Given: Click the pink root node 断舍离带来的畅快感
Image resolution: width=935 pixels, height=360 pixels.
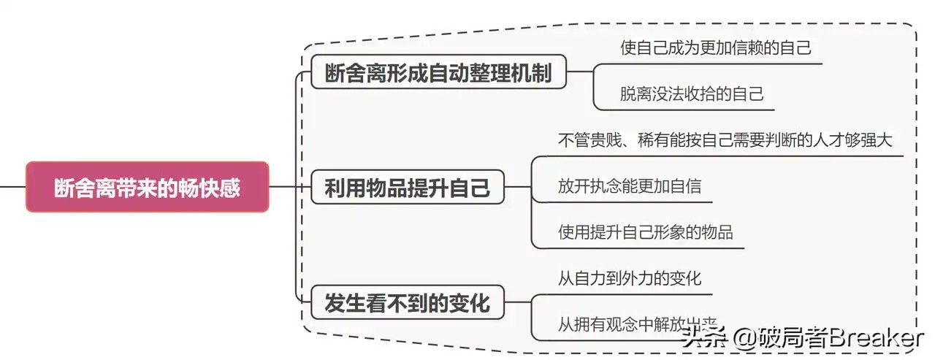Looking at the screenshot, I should (147, 187).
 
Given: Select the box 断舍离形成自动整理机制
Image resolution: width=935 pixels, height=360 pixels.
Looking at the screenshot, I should (438, 72).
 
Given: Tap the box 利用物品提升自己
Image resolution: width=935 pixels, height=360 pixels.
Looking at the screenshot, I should (407, 188).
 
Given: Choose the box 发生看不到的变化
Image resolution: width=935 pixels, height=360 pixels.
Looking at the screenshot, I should (407, 302).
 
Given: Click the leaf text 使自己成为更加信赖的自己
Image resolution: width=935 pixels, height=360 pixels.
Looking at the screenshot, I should (715, 49).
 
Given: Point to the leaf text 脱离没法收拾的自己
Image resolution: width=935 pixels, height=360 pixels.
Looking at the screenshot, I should (692, 94).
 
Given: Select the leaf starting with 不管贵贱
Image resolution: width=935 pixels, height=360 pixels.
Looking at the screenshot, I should (725, 140).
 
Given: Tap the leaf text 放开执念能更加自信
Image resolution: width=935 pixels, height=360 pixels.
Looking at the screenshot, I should (629, 185).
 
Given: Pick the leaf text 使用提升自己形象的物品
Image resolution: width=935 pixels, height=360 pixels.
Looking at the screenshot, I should (645, 232).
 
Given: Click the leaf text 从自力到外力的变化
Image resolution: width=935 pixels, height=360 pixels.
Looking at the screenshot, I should (629, 278).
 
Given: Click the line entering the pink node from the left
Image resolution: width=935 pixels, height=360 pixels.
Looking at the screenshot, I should (12, 186).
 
